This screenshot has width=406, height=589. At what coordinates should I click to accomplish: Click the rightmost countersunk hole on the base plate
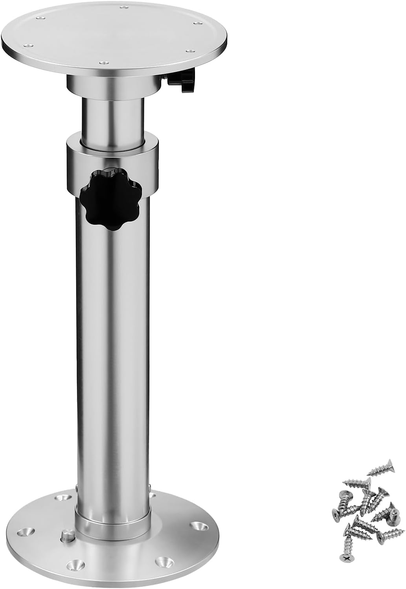click(196, 525)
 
